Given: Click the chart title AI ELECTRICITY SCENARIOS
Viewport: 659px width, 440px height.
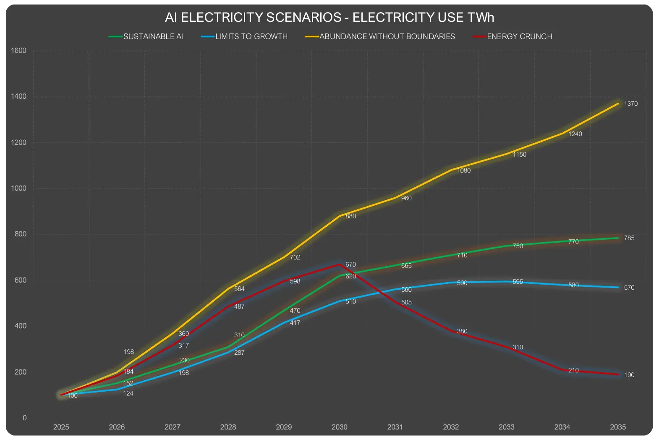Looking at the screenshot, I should click(329, 18).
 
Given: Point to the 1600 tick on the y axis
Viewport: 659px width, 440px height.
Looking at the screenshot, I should click(18, 51).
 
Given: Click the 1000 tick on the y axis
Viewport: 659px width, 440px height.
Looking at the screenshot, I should click(18, 189).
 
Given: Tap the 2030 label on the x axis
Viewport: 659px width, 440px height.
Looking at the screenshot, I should click(339, 427).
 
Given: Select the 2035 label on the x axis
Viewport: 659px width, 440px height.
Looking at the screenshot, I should click(617, 427).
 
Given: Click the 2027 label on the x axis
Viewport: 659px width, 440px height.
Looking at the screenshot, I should click(172, 427).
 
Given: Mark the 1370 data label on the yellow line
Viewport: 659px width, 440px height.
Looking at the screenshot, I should click(630, 104).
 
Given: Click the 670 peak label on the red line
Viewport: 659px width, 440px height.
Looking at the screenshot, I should click(350, 265).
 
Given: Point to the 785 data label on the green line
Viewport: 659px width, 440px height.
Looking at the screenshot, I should click(629, 238).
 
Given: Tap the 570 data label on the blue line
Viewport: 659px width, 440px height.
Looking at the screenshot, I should click(629, 288).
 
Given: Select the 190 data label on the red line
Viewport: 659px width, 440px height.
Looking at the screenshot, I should click(629, 375).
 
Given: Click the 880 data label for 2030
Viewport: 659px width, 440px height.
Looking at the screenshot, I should click(350, 216).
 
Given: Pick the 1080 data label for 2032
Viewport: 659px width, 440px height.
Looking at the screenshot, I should click(464, 170).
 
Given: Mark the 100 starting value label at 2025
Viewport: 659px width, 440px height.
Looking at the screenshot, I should click(73, 395).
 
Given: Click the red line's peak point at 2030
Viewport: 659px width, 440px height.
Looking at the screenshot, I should click(339, 264).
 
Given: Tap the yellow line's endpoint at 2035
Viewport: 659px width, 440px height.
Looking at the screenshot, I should click(618, 103).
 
